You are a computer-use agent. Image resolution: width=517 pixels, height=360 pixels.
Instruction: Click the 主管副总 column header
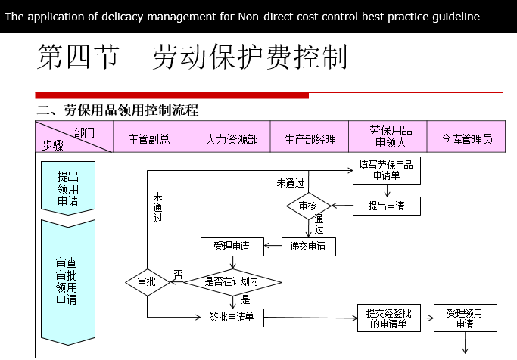pos(149,139)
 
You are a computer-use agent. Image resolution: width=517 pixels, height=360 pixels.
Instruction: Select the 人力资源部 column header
pos(232,139)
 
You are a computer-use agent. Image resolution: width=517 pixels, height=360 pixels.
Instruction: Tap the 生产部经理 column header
pos(310,139)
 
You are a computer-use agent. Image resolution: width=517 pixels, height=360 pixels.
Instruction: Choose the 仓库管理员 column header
pos(467,139)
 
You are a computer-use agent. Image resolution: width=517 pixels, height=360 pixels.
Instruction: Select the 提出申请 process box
pos(386,205)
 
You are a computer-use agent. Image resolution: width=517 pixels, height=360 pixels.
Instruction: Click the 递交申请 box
pos(308,246)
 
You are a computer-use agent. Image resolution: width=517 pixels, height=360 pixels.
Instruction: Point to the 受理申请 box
pos(232,246)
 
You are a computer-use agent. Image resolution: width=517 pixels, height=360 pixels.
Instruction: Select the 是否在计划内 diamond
pos(232,282)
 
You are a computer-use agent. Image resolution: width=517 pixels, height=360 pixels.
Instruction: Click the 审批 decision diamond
pos(147,282)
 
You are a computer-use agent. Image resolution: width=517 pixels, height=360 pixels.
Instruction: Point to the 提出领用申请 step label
pos(68,188)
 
